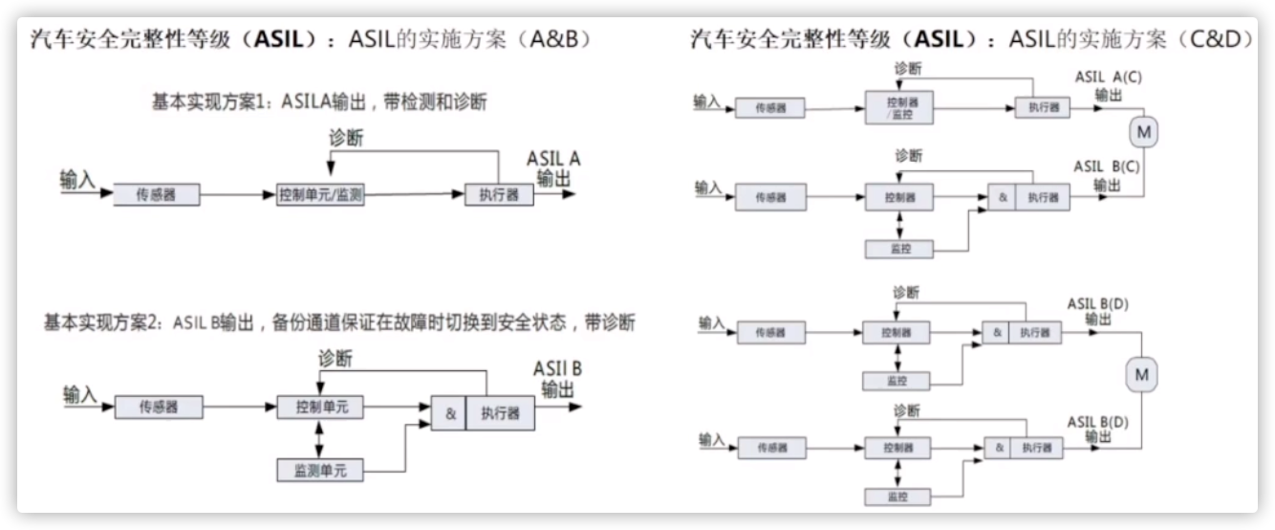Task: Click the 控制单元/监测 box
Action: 320,195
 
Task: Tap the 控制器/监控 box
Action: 897,107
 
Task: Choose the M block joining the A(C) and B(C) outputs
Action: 1141,129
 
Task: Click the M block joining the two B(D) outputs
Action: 1141,375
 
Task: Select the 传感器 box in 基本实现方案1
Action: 158,195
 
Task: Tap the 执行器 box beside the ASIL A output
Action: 498,195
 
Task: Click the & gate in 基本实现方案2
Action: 449,413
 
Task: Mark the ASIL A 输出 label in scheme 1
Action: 554,168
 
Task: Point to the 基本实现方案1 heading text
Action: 319,101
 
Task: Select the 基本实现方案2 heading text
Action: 339,323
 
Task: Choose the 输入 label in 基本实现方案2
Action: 80,393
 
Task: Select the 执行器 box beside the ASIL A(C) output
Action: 1042,107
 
